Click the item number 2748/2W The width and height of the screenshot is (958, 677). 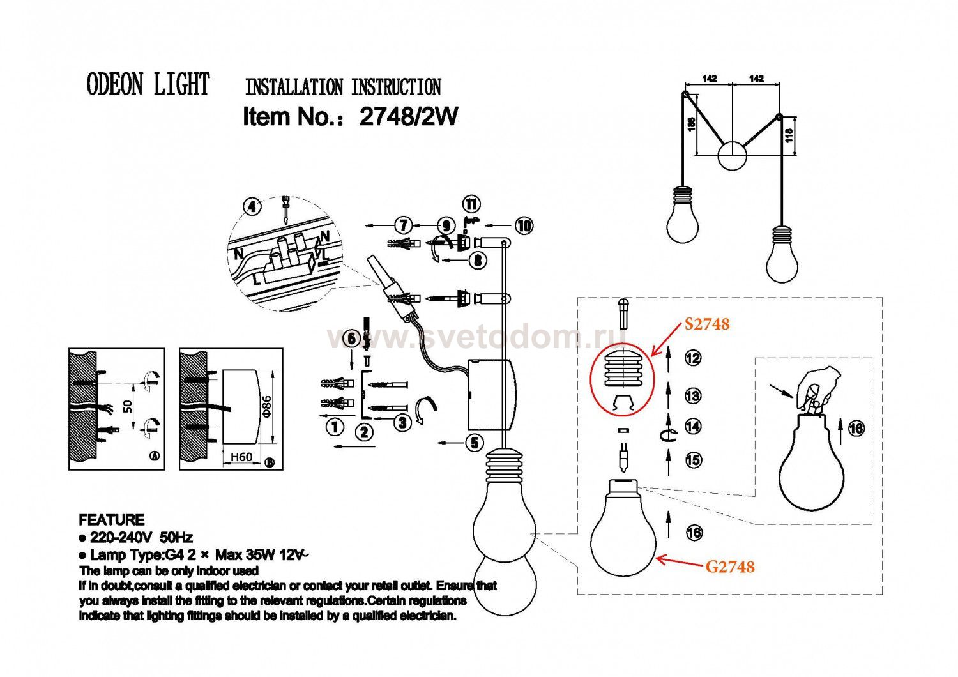(409, 117)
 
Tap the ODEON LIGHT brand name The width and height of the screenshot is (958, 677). (148, 85)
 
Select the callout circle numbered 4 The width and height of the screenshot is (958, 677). (254, 207)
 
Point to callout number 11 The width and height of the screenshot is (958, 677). (471, 204)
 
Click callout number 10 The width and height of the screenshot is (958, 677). (524, 225)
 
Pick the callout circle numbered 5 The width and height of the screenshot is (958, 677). (474, 442)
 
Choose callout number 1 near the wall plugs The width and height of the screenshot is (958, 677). (335, 427)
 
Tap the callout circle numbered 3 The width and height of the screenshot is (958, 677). (402, 422)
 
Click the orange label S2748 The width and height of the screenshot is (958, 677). (707, 324)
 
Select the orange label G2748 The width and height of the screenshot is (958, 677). (730, 567)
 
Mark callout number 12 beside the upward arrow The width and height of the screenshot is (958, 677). (692, 358)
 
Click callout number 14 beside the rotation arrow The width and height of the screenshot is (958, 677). (693, 426)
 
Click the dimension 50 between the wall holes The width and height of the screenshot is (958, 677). (128, 406)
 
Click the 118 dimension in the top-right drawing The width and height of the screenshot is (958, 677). (789, 135)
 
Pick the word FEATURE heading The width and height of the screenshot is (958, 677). (111, 520)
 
